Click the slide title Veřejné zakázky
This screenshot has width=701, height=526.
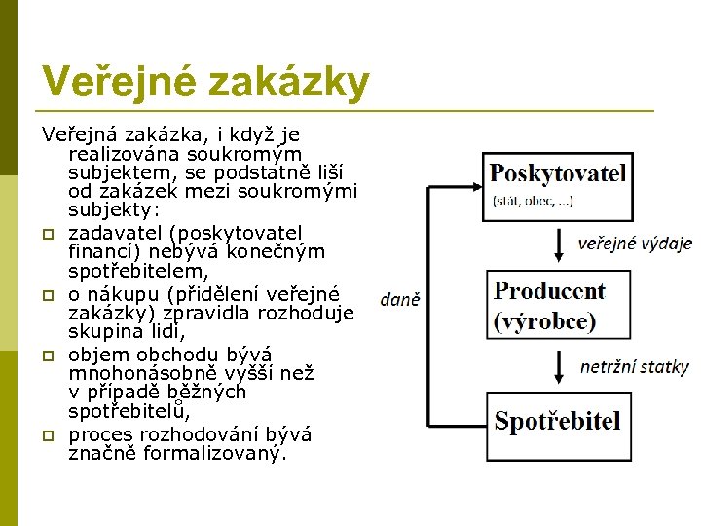205,82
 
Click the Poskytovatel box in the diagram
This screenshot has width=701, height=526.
557,185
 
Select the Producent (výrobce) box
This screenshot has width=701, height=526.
557,306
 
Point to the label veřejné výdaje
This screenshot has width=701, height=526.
635,244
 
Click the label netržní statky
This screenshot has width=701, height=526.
634,367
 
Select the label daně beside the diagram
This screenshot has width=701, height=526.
400,300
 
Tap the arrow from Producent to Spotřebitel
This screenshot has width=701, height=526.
557,366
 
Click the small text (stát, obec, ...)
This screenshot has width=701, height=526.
533,202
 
